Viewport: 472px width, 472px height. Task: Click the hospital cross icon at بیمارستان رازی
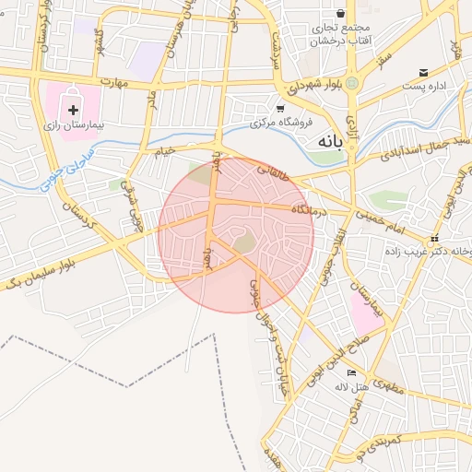pos(73,109)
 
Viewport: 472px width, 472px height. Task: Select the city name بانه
pos(329,142)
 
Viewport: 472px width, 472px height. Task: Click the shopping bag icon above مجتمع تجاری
pos(341,14)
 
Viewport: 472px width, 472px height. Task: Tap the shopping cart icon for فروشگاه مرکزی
pos(279,108)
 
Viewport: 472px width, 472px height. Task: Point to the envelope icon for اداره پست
pos(423,72)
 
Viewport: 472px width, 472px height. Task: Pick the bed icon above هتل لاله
pos(351,372)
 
